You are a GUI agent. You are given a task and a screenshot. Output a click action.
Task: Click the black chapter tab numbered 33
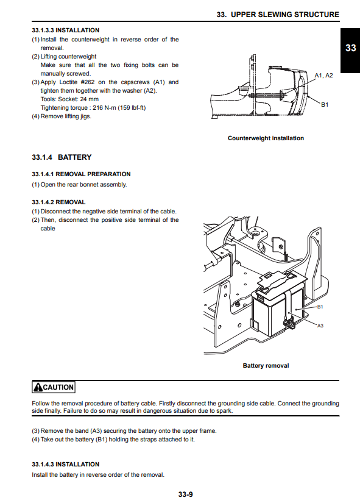click(350, 51)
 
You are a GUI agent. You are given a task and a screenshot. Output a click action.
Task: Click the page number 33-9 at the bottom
click(186, 494)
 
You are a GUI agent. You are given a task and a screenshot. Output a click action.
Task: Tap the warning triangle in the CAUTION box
click(38, 387)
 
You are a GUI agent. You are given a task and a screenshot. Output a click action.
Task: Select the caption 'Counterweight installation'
click(266, 138)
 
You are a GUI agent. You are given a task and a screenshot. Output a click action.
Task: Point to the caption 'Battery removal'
click(266, 366)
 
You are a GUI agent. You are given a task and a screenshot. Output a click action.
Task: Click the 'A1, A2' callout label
click(324, 76)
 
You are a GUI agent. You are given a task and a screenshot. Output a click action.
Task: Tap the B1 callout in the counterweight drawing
click(325, 105)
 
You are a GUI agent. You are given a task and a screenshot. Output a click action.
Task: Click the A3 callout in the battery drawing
click(320, 326)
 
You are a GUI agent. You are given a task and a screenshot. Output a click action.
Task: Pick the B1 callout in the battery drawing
click(320, 307)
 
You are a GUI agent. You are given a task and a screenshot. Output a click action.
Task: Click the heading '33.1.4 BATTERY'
click(62, 157)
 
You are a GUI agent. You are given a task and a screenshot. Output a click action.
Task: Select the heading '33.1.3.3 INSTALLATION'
click(65, 30)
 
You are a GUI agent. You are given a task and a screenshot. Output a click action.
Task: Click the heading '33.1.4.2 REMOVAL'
click(58, 202)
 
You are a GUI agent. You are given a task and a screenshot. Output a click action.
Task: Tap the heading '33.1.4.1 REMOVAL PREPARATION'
click(81, 174)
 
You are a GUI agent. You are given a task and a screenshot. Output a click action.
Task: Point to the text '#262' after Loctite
click(88, 82)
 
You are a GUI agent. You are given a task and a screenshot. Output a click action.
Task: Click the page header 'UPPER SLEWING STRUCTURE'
click(285, 15)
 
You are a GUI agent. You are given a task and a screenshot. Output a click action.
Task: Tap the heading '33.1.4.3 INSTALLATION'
click(65, 465)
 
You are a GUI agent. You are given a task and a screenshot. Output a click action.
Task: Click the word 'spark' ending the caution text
click(225, 411)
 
